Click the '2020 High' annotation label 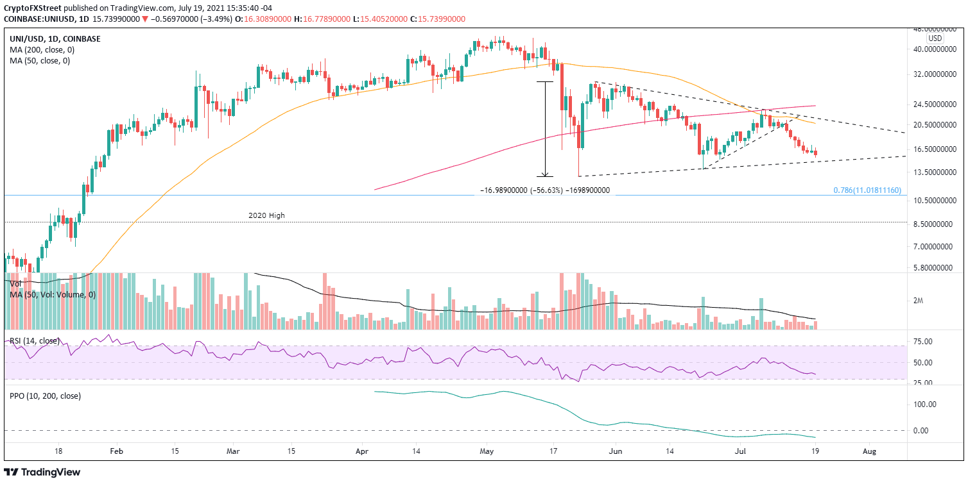tap(266, 216)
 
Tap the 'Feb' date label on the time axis tap(116, 451)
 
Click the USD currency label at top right tap(934, 38)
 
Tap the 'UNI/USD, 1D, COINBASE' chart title tap(55, 38)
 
